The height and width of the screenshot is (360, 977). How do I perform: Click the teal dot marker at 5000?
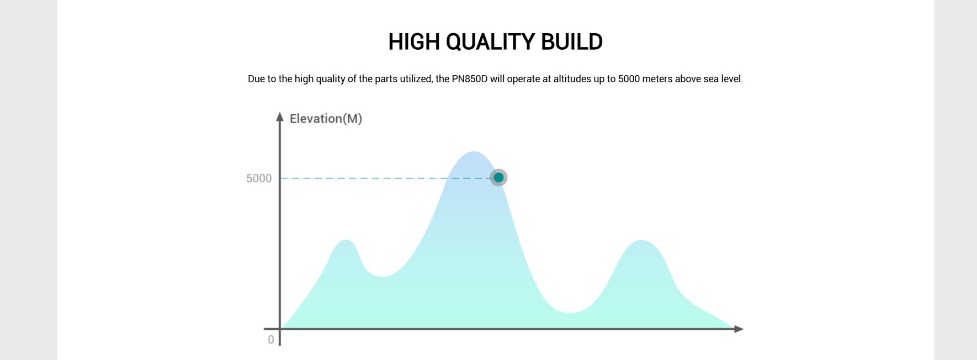pyautogui.click(x=498, y=177)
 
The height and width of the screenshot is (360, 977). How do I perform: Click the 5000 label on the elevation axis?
pyautogui.click(x=259, y=178)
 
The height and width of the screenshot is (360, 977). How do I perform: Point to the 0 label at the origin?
pyautogui.click(x=271, y=340)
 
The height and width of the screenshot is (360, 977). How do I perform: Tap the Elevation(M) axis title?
pyautogui.click(x=326, y=119)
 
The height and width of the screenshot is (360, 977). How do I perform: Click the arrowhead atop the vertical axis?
pyautogui.click(x=280, y=117)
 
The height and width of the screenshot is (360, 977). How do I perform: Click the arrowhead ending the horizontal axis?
pyautogui.click(x=739, y=329)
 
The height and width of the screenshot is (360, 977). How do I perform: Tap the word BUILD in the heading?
pyautogui.click(x=572, y=42)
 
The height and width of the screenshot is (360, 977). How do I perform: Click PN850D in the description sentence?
pyautogui.click(x=470, y=79)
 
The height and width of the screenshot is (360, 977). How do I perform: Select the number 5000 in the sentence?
pyautogui.click(x=629, y=79)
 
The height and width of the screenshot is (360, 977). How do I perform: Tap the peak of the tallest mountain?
pyautogui.click(x=474, y=152)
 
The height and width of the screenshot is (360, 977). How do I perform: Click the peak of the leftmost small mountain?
pyautogui.click(x=346, y=240)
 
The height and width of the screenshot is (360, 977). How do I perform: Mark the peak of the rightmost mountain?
pyautogui.click(x=641, y=241)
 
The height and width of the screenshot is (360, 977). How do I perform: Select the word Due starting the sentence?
pyautogui.click(x=256, y=79)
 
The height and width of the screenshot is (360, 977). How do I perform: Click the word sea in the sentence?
pyautogui.click(x=711, y=79)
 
